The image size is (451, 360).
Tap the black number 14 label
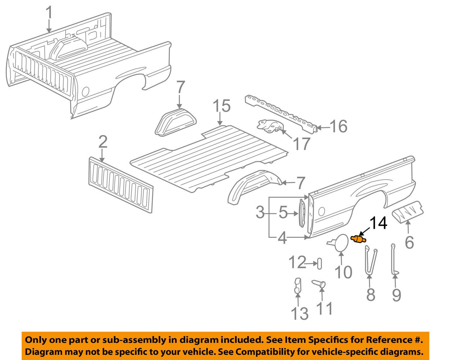click(378, 224)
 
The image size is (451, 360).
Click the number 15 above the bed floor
click(222, 106)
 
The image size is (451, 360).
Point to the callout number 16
click(338, 126)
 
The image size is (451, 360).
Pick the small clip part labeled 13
click(297, 285)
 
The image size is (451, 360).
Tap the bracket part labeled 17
click(269, 126)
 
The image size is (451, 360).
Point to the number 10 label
click(343, 272)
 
